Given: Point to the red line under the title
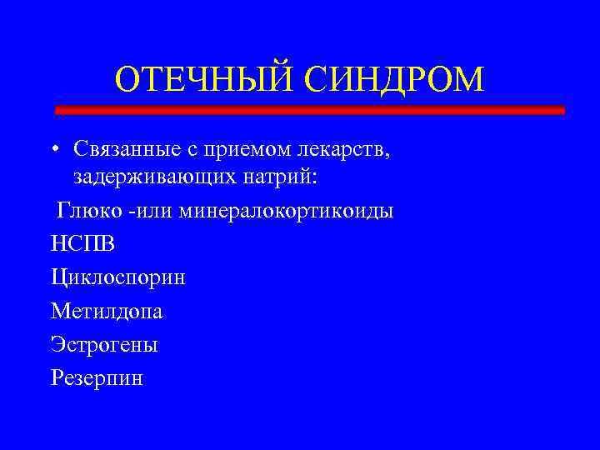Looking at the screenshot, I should [x=309, y=110].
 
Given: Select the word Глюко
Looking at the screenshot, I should [x=87, y=211].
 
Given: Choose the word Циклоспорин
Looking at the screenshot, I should [x=117, y=277].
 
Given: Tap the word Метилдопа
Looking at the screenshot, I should [x=107, y=311].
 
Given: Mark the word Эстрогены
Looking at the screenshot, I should [x=104, y=344].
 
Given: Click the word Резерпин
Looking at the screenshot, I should [x=97, y=377].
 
